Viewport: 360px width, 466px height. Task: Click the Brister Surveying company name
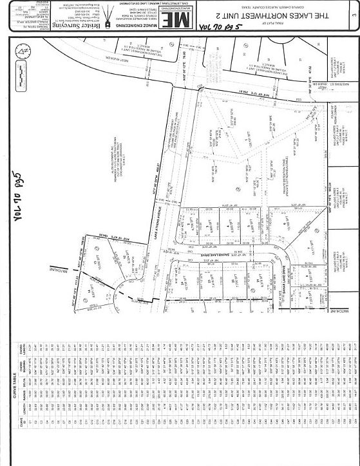[x=91, y=19]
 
